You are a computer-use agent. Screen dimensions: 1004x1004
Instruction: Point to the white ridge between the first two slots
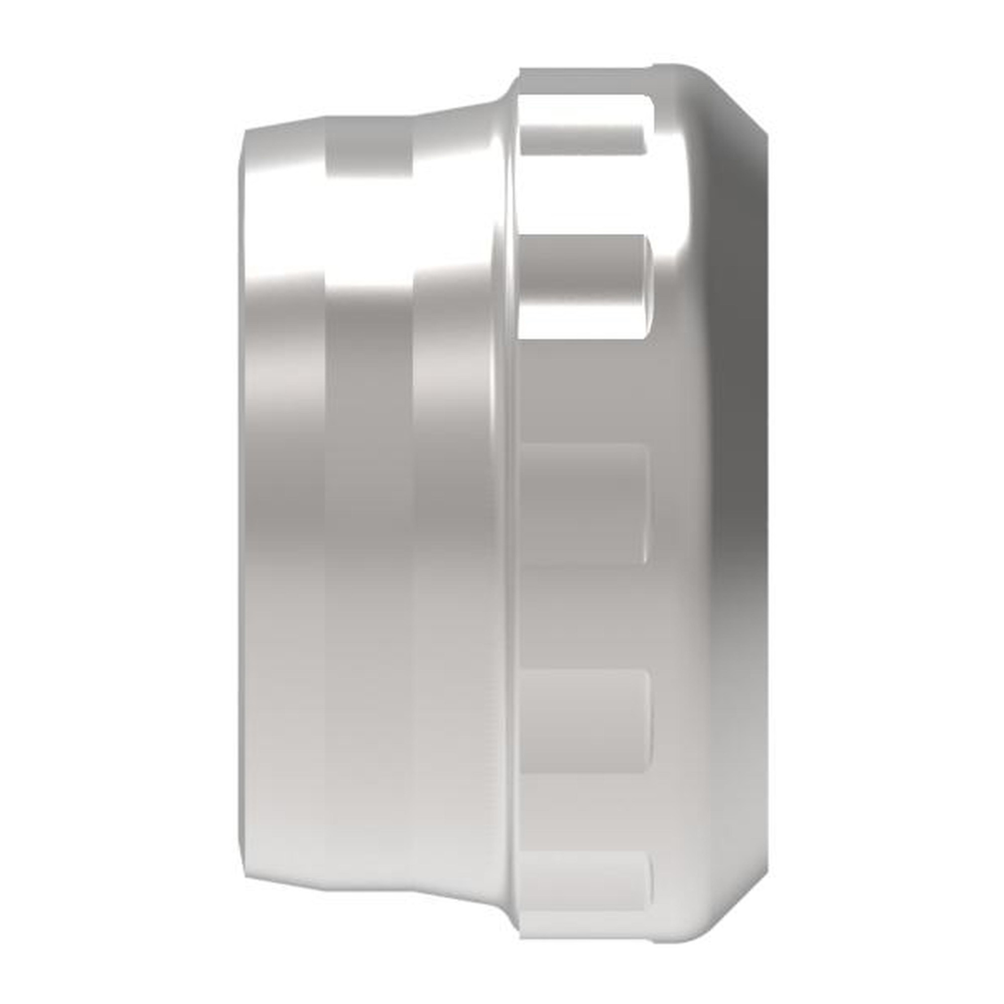(x=582, y=195)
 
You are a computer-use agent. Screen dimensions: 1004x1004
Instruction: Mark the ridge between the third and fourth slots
(x=582, y=616)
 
